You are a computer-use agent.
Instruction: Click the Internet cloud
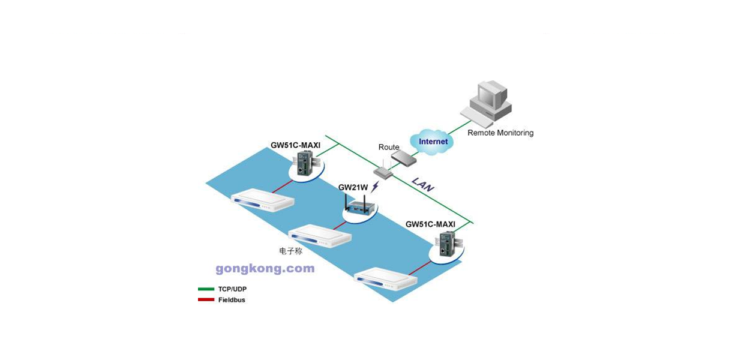432,142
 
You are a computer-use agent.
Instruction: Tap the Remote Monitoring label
500,133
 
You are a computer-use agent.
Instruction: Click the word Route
389,147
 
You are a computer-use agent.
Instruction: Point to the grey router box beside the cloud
404,158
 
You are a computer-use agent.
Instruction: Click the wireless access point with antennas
383,170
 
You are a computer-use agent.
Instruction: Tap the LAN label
423,185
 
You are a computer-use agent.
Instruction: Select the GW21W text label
353,188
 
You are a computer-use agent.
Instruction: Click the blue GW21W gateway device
359,205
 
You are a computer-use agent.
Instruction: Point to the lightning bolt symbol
375,187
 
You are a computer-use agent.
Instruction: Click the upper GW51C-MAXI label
295,145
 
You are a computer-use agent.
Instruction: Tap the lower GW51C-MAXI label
430,224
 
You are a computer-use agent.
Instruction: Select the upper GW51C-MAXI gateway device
305,163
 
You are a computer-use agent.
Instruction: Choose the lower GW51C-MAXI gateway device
448,244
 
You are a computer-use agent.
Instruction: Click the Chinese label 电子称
290,251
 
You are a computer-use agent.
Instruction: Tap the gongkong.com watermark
265,269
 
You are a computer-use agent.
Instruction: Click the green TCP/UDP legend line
206,289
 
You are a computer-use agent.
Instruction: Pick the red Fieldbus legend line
206,299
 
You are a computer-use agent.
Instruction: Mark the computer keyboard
477,118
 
